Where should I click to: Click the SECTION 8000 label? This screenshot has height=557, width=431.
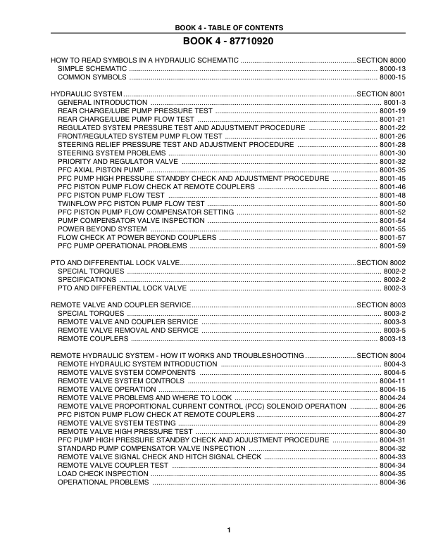[382, 61]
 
